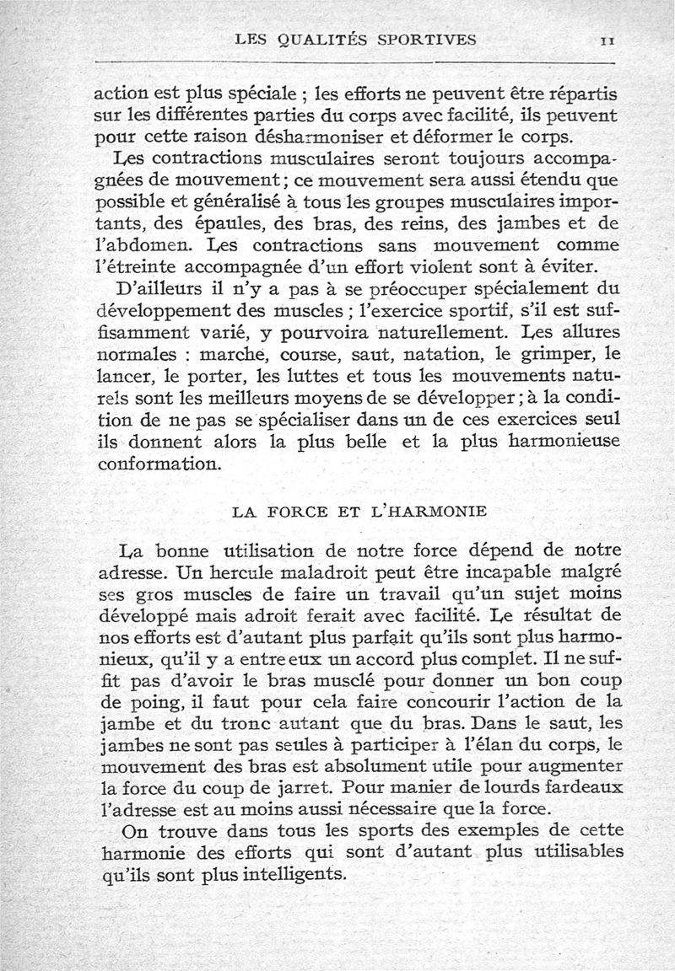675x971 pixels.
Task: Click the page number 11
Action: (607, 40)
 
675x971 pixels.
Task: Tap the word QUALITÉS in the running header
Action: (322, 39)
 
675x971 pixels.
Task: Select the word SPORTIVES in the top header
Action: (429, 39)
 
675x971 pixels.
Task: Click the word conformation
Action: (159, 464)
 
